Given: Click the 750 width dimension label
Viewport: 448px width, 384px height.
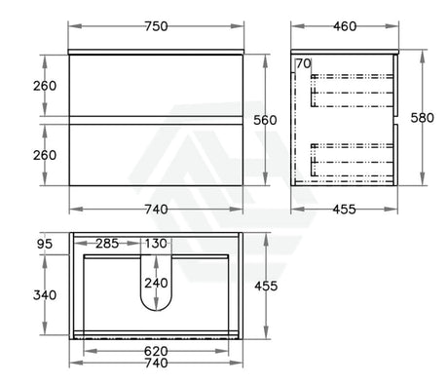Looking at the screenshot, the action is coord(156,26).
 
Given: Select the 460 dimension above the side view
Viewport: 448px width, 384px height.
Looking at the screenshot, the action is coord(345,26).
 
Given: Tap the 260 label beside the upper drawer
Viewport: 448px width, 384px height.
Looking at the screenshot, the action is coord(45,86).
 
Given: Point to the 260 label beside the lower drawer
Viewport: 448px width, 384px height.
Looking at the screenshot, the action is coord(45,155).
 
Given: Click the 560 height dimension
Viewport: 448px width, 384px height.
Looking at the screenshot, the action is coord(265,120).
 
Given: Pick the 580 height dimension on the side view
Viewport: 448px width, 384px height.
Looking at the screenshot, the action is coord(422,118).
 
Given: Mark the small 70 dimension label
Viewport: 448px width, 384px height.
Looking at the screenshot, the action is coord(304,63).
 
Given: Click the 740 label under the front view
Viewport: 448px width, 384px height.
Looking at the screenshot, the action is coord(156,210).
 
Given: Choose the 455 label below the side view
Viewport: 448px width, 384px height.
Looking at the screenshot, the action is coord(344,210).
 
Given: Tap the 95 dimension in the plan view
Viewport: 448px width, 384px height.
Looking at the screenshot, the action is coord(45,244).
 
